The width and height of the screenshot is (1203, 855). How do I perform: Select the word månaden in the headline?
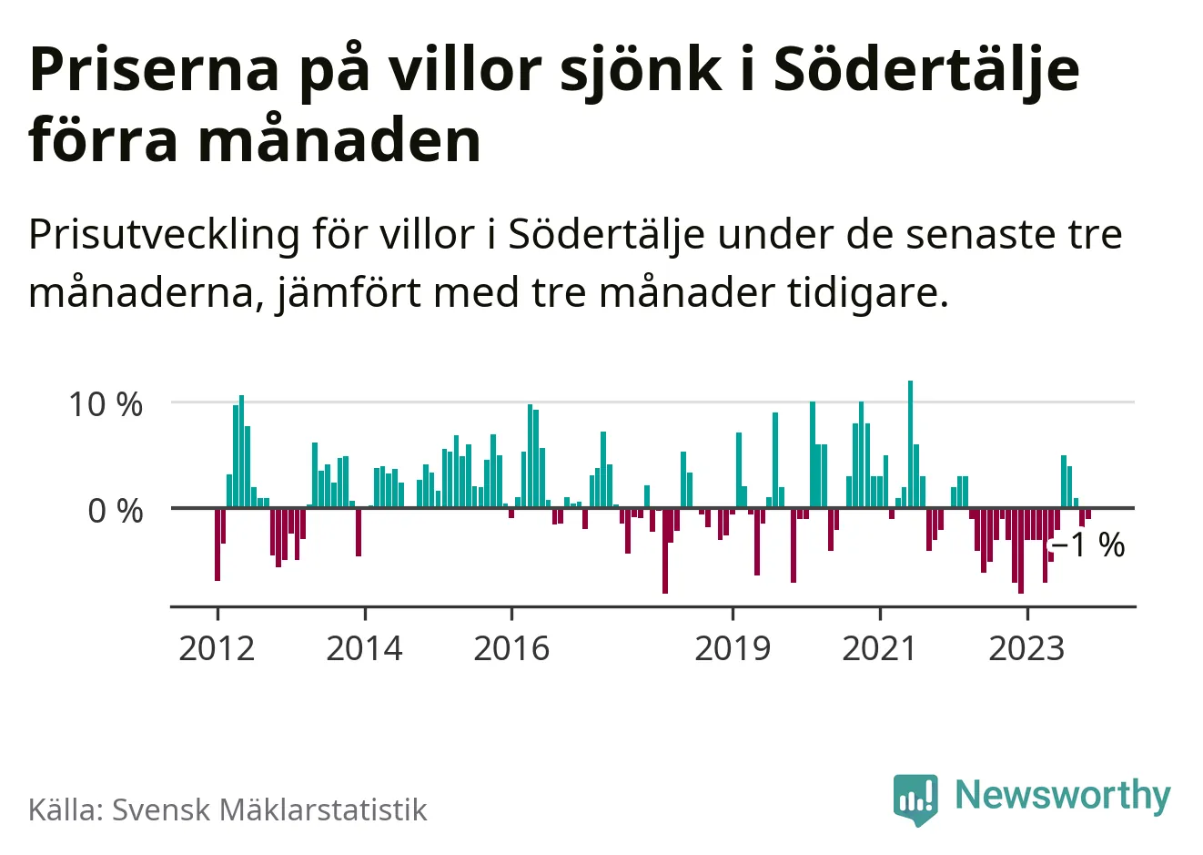[x=339, y=141]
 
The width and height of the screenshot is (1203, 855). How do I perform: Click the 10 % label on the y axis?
[x=106, y=404]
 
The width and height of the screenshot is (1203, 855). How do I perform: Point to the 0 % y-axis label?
[x=116, y=511]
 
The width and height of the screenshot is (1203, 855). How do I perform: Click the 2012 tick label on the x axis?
[x=217, y=648]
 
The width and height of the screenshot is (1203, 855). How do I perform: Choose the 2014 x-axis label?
[x=364, y=648]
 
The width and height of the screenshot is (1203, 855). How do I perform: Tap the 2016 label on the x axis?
[x=511, y=648]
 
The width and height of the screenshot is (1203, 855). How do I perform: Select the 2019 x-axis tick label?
[x=733, y=648]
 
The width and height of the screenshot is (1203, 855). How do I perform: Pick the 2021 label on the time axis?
[x=879, y=648]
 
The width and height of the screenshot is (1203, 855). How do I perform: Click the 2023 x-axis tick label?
[x=1026, y=648]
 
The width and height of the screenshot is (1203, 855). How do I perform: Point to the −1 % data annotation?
[x=1088, y=545]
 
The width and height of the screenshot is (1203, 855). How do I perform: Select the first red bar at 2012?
[x=217, y=544]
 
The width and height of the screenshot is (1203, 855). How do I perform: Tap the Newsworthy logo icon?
[x=915, y=799]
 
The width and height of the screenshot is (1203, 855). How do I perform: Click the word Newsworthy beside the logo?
[x=1062, y=795]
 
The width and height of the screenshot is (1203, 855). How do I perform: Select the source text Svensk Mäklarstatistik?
[x=269, y=809]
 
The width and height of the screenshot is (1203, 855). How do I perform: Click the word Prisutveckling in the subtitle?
[x=164, y=236]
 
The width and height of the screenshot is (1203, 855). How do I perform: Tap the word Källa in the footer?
[x=65, y=809]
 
